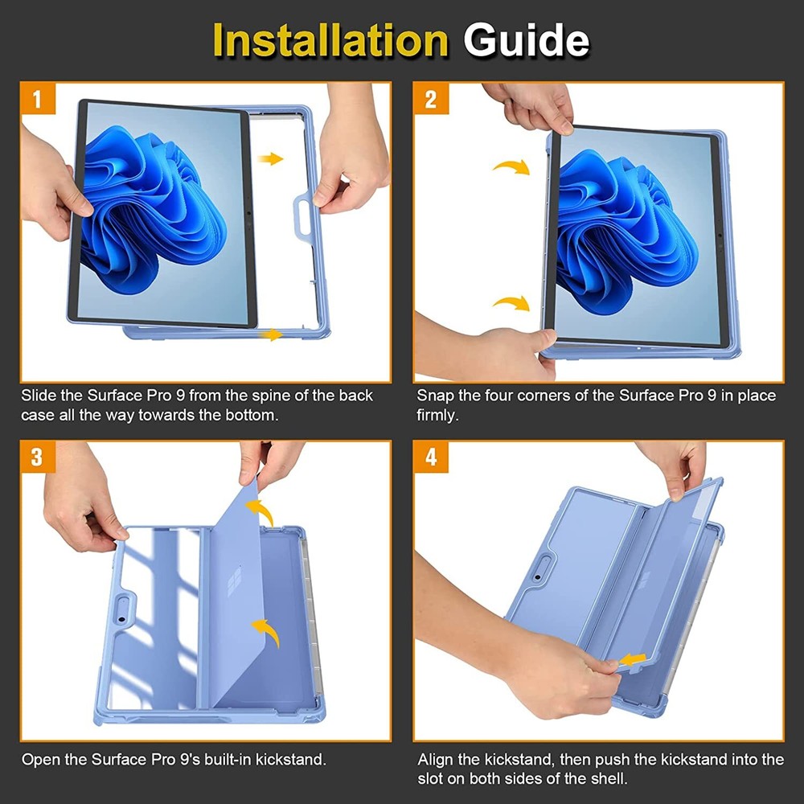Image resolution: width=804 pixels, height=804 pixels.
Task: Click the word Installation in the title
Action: pyautogui.click(x=330, y=40)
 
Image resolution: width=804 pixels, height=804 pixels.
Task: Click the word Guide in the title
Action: pyautogui.click(x=526, y=40)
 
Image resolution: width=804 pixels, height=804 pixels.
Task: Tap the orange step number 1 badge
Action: pyautogui.click(x=38, y=98)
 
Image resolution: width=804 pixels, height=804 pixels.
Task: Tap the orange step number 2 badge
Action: pyautogui.click(x=431, y=98)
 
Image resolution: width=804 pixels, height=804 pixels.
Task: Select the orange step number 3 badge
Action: pyautogui.click(x=38, y=457)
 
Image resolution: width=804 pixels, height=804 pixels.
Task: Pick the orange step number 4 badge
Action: pyautogui.click(x=431, y=457)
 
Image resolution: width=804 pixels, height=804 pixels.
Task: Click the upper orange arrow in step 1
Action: pyautogui.click(x=270, y=158)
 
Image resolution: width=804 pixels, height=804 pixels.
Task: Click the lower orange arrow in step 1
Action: pyautogui.click(x=270, y=334)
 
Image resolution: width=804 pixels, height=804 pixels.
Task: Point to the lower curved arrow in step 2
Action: pyautogui.click(x=511, y=302)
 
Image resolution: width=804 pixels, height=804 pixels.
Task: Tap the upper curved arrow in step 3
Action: pyautogui.click(x=260, y=511)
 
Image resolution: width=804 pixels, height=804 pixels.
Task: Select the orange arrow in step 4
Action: pyautogui.click(x=632, y=659)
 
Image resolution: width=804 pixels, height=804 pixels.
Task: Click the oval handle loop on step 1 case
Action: pyautogui.click(x=303, y=216)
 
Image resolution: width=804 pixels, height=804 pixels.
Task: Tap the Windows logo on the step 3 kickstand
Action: pyautogui.click(x=234, y=581)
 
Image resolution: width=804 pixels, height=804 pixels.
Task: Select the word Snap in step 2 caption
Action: pyautogui.click(x=435, y=396)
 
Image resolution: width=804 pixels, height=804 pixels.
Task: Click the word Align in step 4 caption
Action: pyautogui.click(x=435, y=760)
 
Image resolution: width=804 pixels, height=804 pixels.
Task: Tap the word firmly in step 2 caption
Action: pyautogui.click(x=437, y=416)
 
